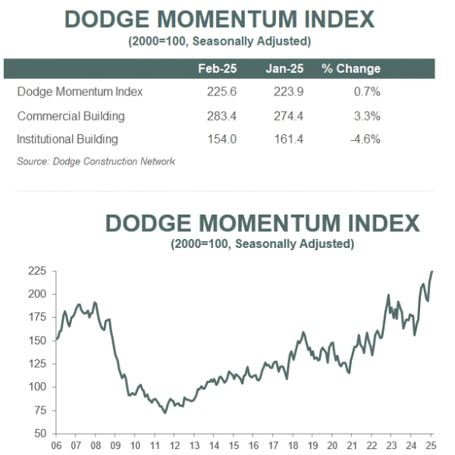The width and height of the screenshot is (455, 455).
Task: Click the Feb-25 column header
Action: [218, 69]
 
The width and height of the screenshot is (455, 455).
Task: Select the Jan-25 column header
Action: [284, 69]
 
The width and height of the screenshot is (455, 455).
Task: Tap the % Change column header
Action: [351, 69]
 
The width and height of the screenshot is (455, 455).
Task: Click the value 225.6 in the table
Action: [221, 92]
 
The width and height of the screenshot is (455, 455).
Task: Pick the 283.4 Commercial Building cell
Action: [221, 116]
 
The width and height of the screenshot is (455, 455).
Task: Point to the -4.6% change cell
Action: [366, 140]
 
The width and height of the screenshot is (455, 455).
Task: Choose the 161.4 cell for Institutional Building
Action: [289, 140]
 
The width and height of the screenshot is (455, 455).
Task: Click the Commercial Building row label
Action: [71, 116]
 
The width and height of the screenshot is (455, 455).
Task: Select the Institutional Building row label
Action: [67, 140]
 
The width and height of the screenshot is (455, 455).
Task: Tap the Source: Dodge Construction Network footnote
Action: [96, 162]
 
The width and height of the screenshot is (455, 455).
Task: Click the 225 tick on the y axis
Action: [37, 271]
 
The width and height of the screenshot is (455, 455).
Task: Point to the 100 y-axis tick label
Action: [37, 387]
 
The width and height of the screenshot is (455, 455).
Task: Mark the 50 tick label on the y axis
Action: [40, 433]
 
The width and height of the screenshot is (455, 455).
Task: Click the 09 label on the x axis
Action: [115, 445]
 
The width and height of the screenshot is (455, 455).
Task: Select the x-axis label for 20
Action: [332, 445]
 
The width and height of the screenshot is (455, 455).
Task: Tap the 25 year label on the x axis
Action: [431, 445]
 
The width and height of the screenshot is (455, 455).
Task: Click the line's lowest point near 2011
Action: [165, 413]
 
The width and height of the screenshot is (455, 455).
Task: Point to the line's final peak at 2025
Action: [432, 271]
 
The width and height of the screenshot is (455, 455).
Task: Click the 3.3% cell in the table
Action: [367, 116]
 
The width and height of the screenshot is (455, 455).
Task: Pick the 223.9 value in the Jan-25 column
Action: [289, 92]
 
